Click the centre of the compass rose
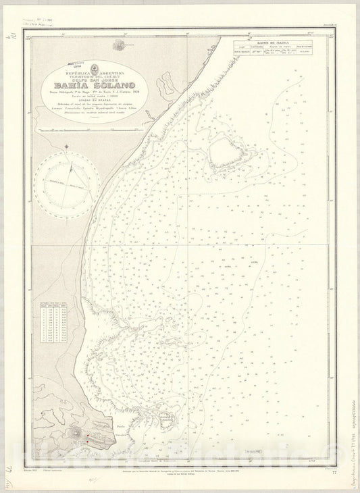(68, 184)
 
